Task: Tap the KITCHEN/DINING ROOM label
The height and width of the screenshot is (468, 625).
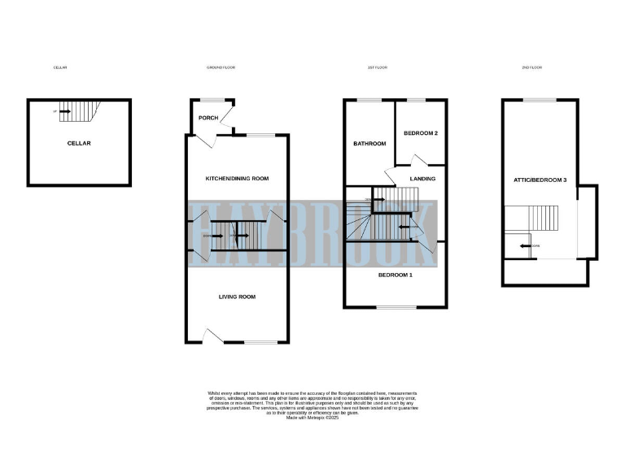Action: click(235, 178)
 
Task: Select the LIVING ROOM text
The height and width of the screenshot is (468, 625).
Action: click(237, 297)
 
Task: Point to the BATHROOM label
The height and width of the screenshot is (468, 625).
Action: click(369, 144)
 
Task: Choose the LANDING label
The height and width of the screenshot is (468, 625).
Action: click(422, 179)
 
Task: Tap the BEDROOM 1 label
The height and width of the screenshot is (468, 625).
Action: click(395, 275)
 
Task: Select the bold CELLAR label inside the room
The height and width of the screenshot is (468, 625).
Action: click(79, 144)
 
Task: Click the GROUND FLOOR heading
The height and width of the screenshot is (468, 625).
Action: click(220, 67)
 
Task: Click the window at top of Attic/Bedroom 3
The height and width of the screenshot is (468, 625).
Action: click(535, 100)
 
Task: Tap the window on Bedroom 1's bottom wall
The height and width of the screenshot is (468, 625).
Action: click(395, 307)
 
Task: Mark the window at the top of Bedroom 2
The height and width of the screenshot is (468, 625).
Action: click(418, 100)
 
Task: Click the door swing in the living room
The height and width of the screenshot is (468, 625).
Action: click(210, 335)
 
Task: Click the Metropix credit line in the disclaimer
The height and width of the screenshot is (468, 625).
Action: click(312, 417)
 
